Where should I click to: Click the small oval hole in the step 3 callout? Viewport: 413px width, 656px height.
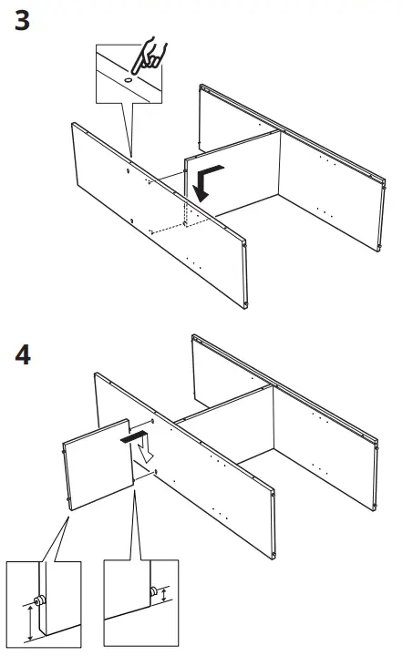pos(127,80)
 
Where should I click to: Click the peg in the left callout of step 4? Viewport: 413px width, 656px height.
pos(41,601)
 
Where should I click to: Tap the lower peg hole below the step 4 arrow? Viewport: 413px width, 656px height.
pos(158,471)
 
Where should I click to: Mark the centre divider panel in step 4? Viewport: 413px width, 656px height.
pos(228,428)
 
